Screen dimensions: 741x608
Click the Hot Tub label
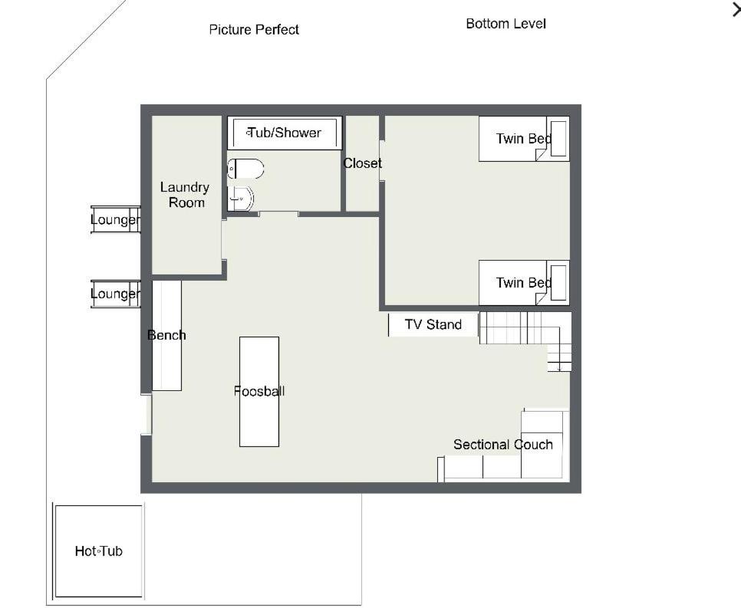tap(99, 550)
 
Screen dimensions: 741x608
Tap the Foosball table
tap(259, 392)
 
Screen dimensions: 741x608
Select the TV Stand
tap(433, 324)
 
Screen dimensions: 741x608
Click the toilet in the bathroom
tap(245, 169)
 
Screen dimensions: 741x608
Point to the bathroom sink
tap(241, 199)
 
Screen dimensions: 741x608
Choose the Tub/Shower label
tap(285, 133)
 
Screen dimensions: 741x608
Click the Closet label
tap(363, 163)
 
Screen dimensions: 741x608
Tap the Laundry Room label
tap(185, 195)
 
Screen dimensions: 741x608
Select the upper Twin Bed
tap(524, 139)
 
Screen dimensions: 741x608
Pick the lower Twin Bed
tap(524, 283)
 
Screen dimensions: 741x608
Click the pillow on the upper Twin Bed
tap(558, 139)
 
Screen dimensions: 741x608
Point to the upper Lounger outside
tap(115, 220)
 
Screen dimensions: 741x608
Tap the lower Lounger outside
tap(115, 294)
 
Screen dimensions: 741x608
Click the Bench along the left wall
tap(166, 335)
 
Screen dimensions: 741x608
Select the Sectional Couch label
tap(503, 445)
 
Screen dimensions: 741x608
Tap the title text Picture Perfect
tap(254, 30)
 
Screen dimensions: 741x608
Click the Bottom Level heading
tap(506, 24)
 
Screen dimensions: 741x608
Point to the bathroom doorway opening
tap(278, 214)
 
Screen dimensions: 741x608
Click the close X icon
tap(736, 9)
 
